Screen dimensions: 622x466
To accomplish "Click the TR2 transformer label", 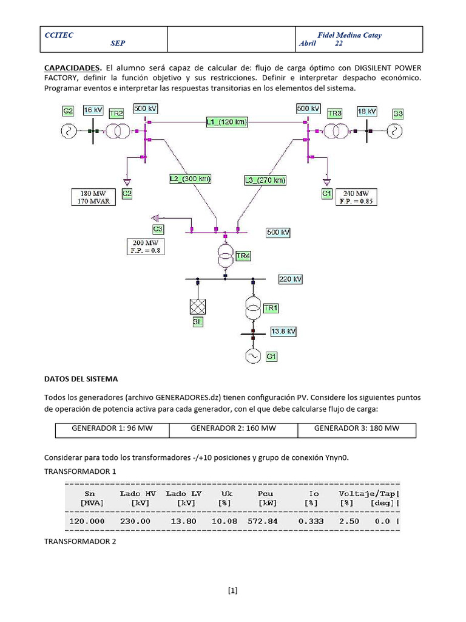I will pyautogui.click(x=116, y=114).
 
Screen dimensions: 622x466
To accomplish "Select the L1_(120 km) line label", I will pyautogui.click(x=227, y=122).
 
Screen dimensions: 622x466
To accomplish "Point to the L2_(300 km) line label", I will pyautogui.click(x=190, y=179).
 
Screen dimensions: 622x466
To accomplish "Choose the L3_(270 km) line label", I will pyautogui.click(x=265, y=180).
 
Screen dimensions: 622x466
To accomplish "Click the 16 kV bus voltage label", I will pyautogui.click(x=93, y=111).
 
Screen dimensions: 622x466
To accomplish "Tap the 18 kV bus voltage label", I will pyautogui.click(x=366, y=111).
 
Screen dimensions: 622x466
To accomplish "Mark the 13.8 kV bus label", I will pyautogui.click(x=283, y=332).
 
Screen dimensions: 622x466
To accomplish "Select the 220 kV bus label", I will pyautogui.click(x=290, y=279).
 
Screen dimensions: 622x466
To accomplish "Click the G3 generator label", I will pyautogui.click(x=397, y=113).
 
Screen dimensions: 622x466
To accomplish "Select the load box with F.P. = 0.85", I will pyautogui.click(x=353, y=197).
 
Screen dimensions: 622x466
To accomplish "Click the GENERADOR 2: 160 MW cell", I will pyautogui.click(x=233, y=429).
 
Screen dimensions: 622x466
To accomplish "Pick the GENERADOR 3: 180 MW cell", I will pyautogui.click(x=357, y=429).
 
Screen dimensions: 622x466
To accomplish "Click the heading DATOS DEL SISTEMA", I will pyautogui.click(x=81, y=379).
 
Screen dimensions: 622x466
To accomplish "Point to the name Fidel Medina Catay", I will pyautogui.click(x=349, y=35).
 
